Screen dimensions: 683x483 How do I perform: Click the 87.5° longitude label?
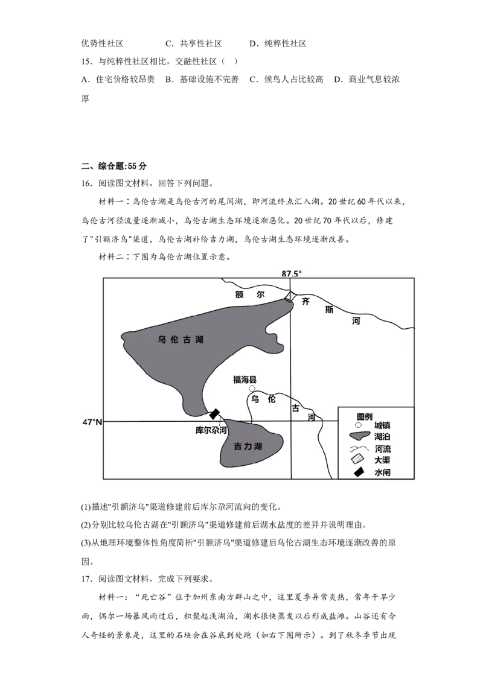[x=291, y=273]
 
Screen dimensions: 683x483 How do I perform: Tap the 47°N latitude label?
[x=92, y=422]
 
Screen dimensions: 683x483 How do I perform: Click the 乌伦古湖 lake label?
[x=181, y=340]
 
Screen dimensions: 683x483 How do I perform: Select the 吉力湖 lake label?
[x=248, y=447]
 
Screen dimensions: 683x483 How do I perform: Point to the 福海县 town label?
[x=245, y=380]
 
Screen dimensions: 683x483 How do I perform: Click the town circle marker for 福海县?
[x=252, y=389]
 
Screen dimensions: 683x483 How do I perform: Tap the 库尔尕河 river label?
[x=211, y=431]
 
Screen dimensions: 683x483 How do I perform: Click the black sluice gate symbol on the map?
[x=214, y=414]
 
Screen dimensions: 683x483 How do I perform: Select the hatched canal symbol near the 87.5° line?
[x=290, y=296]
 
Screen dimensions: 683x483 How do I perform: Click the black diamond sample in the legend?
[x=359, y=472]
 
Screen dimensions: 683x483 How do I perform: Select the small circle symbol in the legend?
[x=358, y=425]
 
